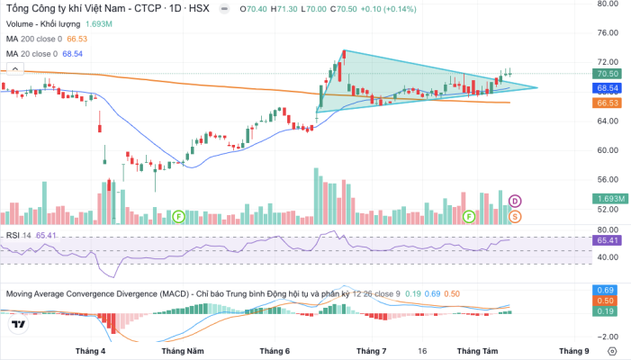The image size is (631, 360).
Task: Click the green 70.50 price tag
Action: [x=607, y=74]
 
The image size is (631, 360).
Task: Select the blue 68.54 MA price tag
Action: [x=607, y=88]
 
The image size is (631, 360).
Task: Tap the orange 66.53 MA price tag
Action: [x=607, y=103]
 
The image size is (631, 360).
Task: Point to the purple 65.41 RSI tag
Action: [x=607, y=240]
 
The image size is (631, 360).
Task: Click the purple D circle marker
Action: [x=515, y=201]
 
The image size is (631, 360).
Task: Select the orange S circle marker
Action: [x=515, y=217]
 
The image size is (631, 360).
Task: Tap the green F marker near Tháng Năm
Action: [x=178, y=217]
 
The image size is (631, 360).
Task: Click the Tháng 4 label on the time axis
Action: [x=90, y=351]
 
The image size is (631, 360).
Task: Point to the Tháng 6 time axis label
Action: [x=275, y=351]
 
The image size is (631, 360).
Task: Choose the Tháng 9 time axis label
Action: [x=574, y=351]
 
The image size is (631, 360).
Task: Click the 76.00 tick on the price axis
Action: [x=608, y=32]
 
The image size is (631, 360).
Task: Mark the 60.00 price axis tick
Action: [x=608, y=150]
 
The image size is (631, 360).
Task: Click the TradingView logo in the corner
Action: [x=18, y=324]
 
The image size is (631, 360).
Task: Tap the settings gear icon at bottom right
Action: [x=612, y=351]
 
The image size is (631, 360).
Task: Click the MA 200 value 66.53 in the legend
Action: [x=77, y=39]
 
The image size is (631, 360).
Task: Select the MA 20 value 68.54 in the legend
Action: [x=72, y=54]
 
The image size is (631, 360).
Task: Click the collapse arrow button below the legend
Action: [x=15, y=69]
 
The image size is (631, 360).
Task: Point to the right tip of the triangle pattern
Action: [x=537, y=87]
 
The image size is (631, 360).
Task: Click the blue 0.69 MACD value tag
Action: [x=605, y=290]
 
